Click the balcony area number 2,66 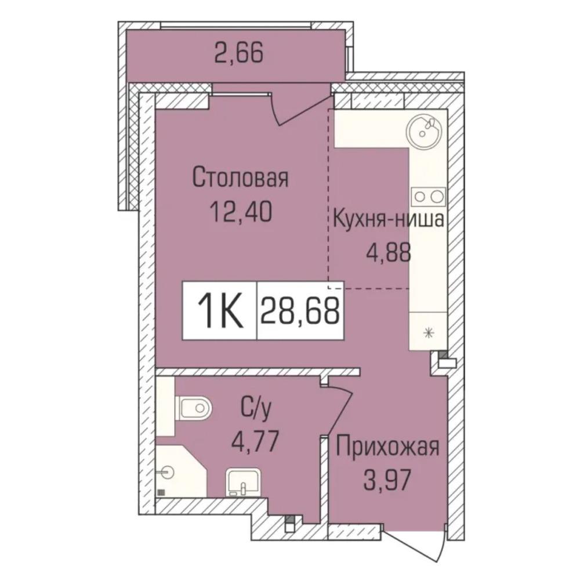[x=238, y=53]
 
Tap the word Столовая [x=241, y=178]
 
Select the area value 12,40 [x=241, y=212]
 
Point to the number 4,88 [x=389, y=253]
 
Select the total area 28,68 [x=300, y=311]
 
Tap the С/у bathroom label [x=256, y=409]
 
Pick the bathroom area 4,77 [x=255, y=443]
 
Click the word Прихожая [x=387, y=447]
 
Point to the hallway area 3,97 [x=387, y=481]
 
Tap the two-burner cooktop [x=429, y=197]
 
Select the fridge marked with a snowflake [x=429, y=331]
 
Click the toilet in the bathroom [x=195, y=408]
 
